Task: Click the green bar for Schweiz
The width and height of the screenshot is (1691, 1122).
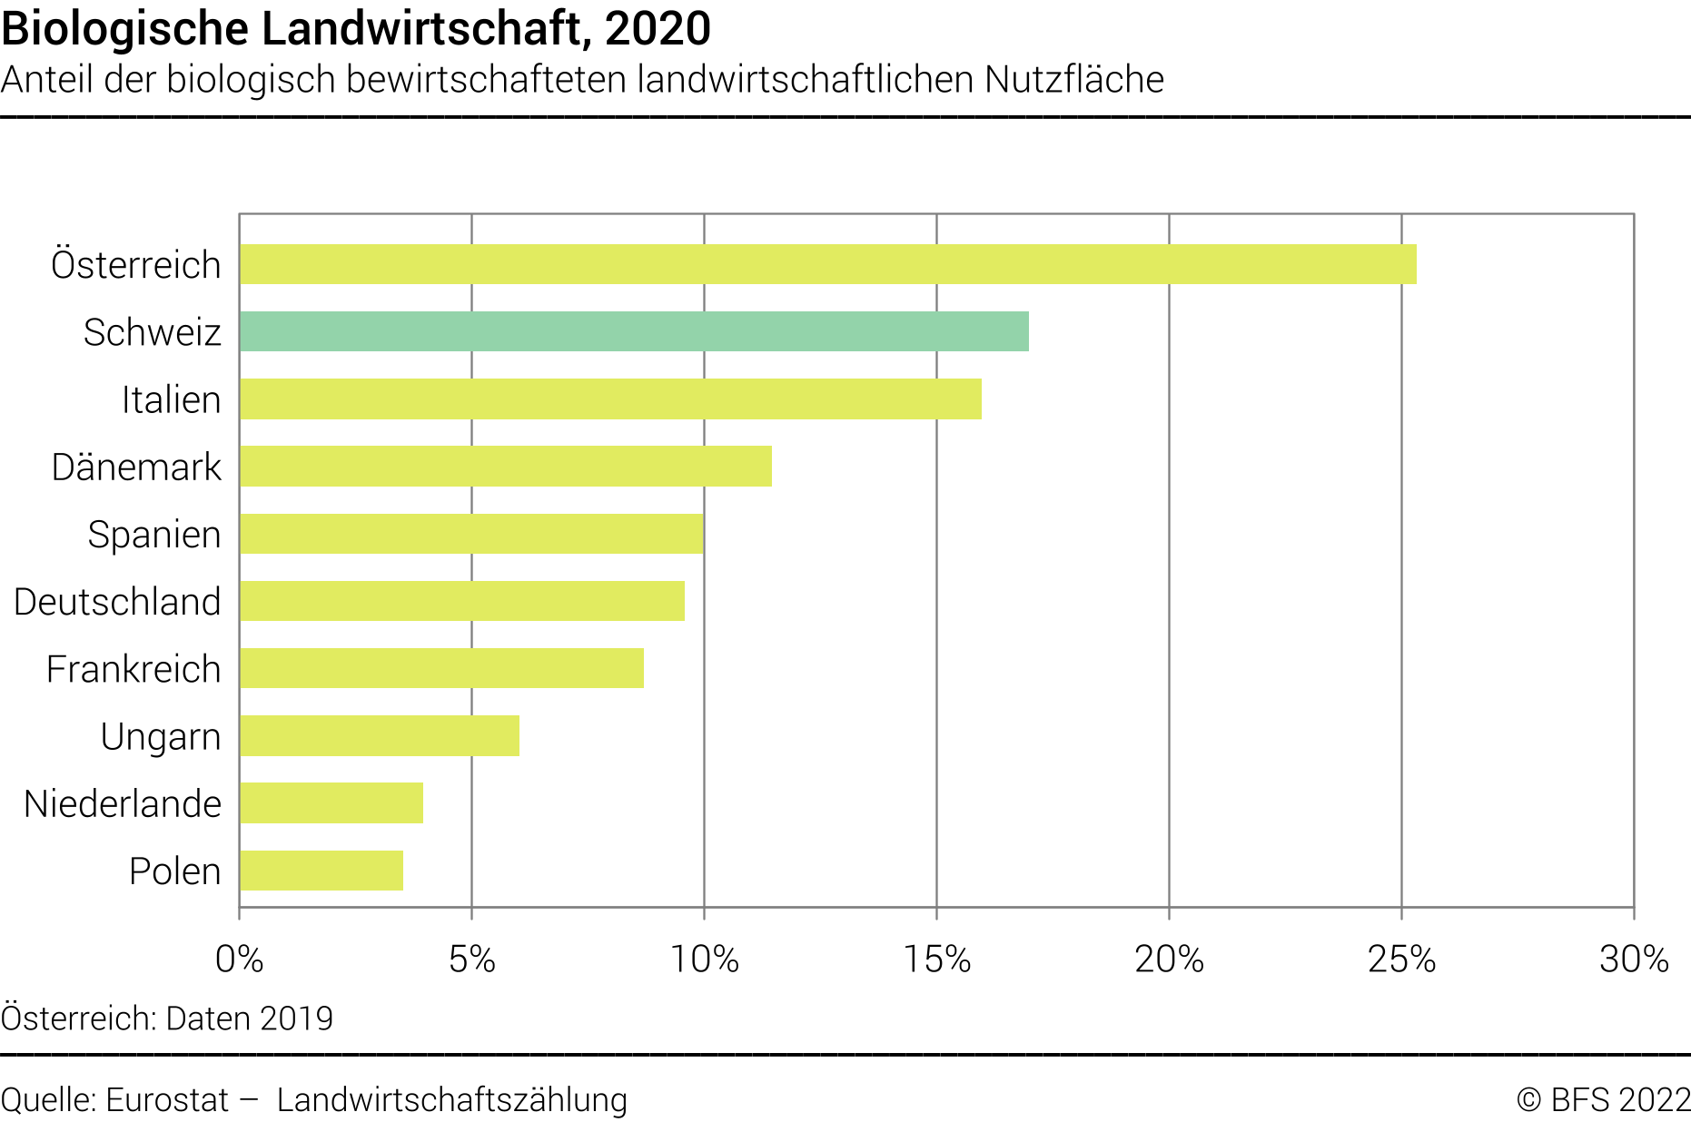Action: pos(634,331)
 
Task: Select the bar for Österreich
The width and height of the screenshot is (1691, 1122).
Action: pos(827,264)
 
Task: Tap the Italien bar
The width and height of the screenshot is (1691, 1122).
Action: pos(610,399)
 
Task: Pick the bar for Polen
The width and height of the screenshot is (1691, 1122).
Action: pos(321,871)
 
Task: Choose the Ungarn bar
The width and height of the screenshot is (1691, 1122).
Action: pos(380,735)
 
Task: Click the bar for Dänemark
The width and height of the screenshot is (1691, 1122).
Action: pos(506,467)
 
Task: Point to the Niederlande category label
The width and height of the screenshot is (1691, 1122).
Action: pos(123,803)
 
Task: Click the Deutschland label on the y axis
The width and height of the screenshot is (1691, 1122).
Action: pos(117,602)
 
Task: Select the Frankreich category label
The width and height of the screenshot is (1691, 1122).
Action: pos(133,669)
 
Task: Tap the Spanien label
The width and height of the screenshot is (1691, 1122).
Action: pos(154,535)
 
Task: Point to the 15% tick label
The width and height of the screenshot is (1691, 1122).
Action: pos(936,960)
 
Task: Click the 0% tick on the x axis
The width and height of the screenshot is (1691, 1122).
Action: pos(240,960)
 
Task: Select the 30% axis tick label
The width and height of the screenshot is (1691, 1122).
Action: pos(1634,960)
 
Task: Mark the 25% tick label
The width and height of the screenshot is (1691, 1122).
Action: pos(1401,960)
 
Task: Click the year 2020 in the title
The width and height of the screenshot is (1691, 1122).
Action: pos(658,29)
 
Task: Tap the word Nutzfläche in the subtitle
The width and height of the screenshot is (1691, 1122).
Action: pos(1074,80)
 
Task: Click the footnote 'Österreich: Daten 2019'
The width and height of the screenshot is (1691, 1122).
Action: pos(167,1019)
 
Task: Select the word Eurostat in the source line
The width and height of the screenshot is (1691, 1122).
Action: pos(167,1100)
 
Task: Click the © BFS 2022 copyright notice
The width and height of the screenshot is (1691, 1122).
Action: pos(1603,1100)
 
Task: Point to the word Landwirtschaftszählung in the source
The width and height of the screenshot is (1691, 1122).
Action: pos(452,1100)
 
